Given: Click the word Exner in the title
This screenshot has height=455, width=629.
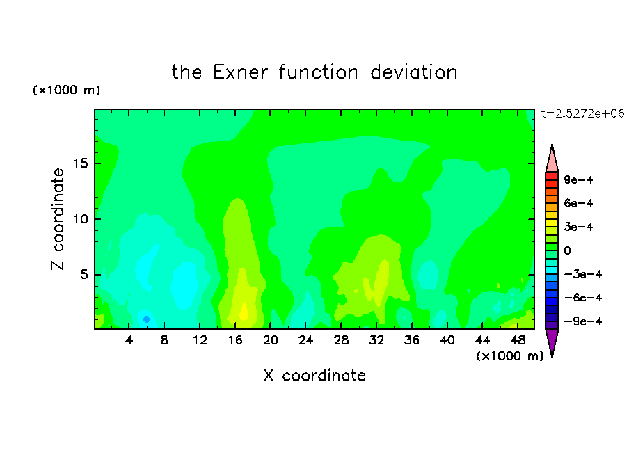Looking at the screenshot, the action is pos(240,72).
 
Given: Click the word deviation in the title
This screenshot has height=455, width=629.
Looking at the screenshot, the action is pos(413,72).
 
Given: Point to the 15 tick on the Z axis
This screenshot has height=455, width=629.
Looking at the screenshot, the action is pos(80,163).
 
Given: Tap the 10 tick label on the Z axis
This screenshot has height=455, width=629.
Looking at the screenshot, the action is pos(80,219).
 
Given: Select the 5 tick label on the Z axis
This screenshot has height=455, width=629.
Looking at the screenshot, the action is pos(83,274).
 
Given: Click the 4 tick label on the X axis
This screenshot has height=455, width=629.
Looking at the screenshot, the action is pos(129,340).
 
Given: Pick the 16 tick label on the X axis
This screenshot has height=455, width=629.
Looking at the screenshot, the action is pos(235,340).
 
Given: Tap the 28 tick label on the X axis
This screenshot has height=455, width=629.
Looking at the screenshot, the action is pos(341,340).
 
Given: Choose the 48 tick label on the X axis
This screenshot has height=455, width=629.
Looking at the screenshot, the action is pos(518,340).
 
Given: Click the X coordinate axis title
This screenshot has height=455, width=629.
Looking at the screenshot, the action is pos(314,375).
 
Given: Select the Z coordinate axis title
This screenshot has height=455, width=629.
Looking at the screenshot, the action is pos(58,218).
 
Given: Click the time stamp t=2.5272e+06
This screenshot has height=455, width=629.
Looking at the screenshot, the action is pos(582,113).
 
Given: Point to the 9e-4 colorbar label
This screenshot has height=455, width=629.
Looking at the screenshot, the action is pos(578,179).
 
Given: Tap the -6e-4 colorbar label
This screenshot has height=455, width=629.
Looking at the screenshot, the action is pos(583,298).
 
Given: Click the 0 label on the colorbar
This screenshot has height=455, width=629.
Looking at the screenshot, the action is pos(567,250).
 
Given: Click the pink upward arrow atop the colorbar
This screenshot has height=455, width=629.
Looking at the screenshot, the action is pos(552,158).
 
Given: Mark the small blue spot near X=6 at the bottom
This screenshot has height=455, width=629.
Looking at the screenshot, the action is pos(146,319).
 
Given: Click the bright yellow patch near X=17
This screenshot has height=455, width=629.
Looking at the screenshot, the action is pos(244,312).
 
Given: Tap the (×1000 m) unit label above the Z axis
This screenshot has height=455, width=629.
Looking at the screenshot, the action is pos(67,90).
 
